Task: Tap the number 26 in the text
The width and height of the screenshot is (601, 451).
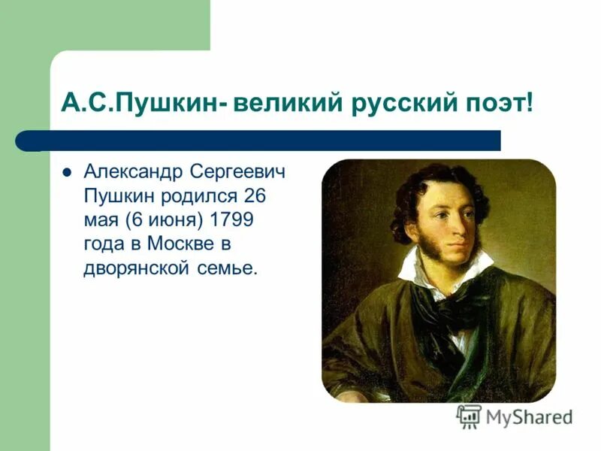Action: click(254, 197)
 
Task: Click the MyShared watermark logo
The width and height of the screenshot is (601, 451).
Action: click(515, 416)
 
